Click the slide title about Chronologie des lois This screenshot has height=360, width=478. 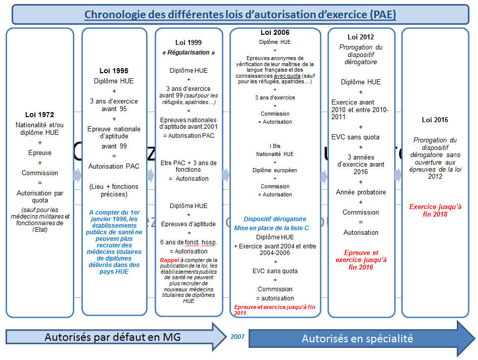(240, 14)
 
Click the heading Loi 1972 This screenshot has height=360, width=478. (39, 115)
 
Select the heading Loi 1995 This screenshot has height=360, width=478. (114, 71)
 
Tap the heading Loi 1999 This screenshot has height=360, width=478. (188, 42)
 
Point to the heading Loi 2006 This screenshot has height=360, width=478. (275, 33)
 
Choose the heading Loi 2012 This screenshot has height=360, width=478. (360, 37)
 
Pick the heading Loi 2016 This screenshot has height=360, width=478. (435, 120)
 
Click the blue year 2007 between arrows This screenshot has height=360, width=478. (238, 336)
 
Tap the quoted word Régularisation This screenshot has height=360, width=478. (188, 53)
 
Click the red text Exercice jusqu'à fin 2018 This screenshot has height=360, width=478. (435, 211)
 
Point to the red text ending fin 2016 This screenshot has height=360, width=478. (361, 260)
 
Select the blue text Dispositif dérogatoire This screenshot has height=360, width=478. (275, 219)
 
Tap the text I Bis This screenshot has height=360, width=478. (275, 146)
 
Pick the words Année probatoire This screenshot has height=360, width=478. (361, 192)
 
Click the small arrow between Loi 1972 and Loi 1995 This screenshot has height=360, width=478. (77, 175)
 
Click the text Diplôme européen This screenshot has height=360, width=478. (275, 170)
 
